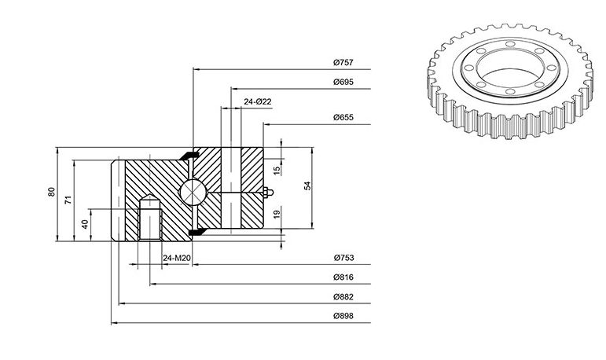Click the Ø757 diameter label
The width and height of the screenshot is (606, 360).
click(343, 62)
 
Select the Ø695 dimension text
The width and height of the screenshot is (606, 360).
click(343, 82)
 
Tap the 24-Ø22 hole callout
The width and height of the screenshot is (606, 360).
click(258, 101)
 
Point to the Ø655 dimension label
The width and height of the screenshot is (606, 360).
click(343, 117)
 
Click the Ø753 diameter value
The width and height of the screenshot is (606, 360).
click(343, 258)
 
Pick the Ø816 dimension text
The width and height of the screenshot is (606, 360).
click(343, 277)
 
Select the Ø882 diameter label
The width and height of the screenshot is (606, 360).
click(343, 297)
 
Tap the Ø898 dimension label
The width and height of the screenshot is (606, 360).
click(343, 316)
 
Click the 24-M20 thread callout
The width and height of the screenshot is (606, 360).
click(177, 258)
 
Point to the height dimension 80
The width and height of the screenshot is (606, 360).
click(52, 192)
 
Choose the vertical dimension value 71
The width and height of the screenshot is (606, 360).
click(68, 200)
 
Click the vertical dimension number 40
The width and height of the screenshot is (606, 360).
click(85, 224)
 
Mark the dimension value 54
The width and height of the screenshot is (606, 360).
click(307, 186)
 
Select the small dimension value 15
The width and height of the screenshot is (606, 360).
click(277, 171)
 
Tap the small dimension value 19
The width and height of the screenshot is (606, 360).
click(277, 215)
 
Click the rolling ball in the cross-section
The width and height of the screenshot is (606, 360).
click(193, 192)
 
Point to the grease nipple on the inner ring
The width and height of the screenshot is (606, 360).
click(267, 192)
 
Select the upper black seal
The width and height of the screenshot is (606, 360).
click(189, 155)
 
